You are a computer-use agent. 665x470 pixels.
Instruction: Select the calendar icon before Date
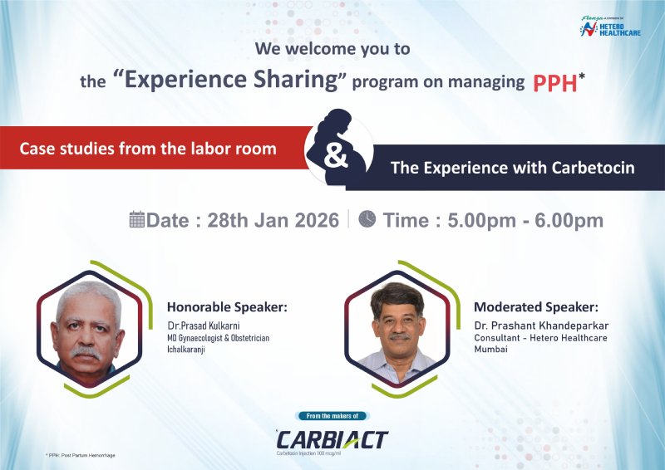[x=137, y=219]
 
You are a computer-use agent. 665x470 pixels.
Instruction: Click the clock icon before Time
[x=367, y=219]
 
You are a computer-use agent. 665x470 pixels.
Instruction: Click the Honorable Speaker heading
[x=227, y=306]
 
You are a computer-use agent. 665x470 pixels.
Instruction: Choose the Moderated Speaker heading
[x=535, y=306]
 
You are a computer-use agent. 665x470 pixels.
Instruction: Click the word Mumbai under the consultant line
[x=490, y=350]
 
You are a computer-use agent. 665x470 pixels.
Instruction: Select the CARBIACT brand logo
[x=332, y=439]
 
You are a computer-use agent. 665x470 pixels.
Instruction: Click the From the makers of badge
[x=332, y=416]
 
